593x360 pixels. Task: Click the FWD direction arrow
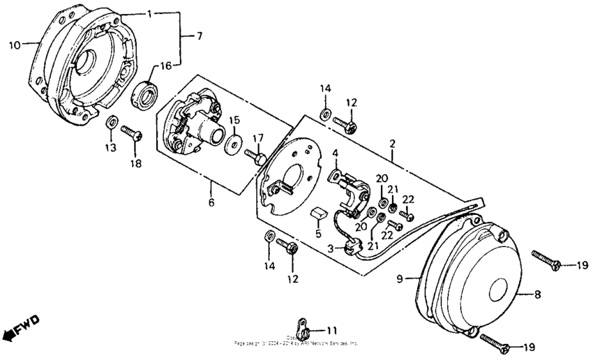(21, 328)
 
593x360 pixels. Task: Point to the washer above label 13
(110, 123)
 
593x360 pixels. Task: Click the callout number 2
(392, 143)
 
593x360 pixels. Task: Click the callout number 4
(335, 153)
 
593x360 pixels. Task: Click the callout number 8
(537, 295)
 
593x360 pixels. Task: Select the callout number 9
(400, 279)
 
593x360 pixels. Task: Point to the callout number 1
(149, 13)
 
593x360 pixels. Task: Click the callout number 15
(234, 119)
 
